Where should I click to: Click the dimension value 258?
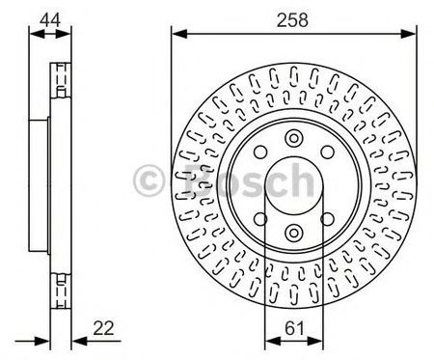pos(292,20)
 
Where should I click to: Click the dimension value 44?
pos(50,20)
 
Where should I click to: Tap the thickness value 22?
pos(103,328)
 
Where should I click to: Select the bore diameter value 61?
pos(294,328)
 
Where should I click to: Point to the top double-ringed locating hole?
pos(294,138)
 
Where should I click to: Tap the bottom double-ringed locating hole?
pos(294,233)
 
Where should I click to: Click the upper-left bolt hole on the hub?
pos(260,152)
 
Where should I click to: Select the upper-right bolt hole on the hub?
pos(328,152)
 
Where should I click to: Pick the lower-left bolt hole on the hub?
pos(260,219)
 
